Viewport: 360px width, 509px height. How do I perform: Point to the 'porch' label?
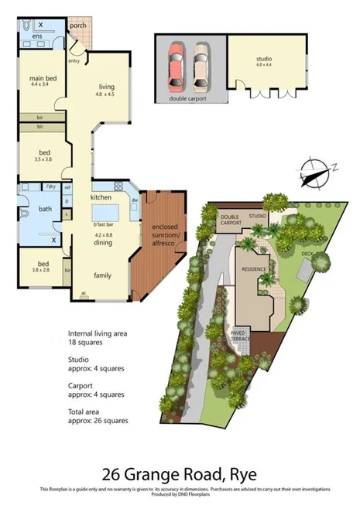(x=78, y=25)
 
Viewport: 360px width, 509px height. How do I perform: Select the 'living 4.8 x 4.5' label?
(x=106, y=91)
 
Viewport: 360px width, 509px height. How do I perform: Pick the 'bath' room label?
(x=45, y=209)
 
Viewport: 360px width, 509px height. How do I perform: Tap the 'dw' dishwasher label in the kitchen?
(x=135, y=200)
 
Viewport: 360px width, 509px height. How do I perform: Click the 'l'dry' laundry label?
(x=51, y=186)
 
